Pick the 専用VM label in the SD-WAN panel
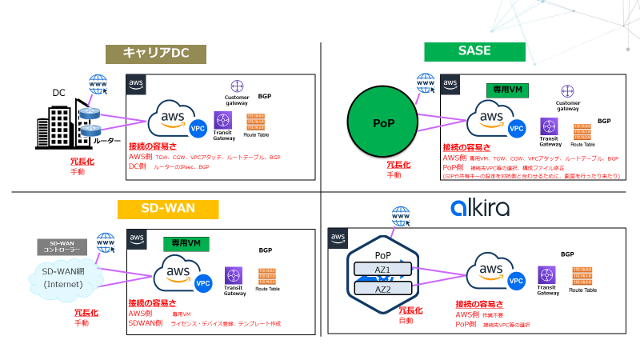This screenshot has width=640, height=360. pyautogui.click(x=186, y=242)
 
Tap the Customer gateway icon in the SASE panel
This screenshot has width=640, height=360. pyautogui.click(x=566, y=91)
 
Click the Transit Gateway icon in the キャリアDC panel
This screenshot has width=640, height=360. pyautogui.click(x=223, y=119)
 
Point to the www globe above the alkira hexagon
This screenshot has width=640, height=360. pyautogui.click(x=401, y=215)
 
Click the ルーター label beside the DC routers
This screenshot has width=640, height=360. pyautogui.click(x=109, y=140)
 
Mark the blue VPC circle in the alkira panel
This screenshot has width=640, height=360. pyautogui.click(x=516, y=281)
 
